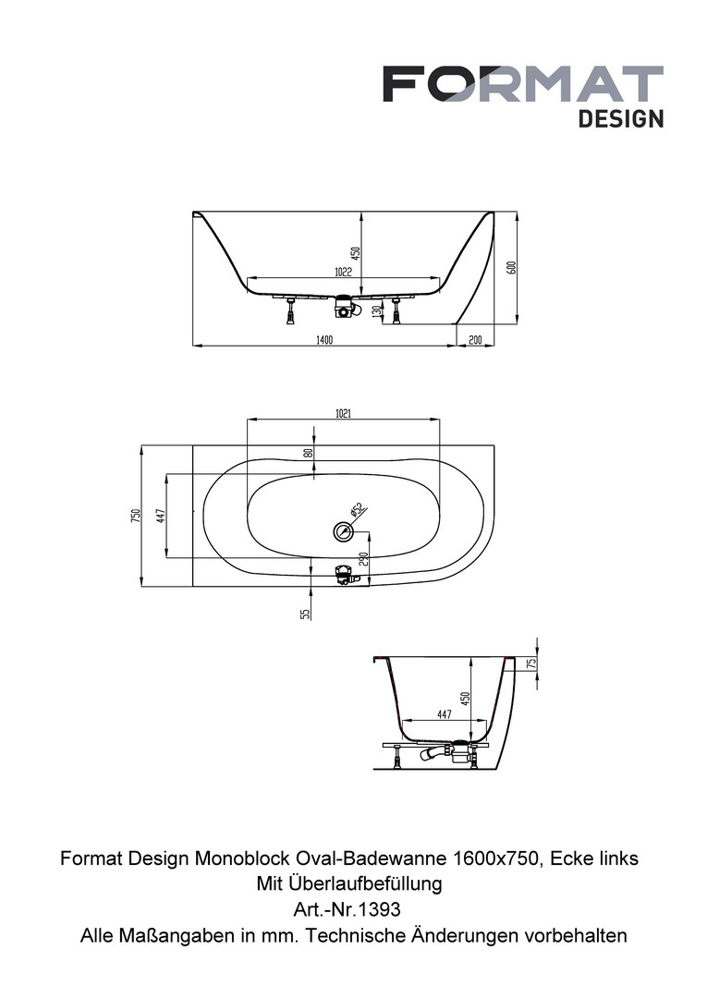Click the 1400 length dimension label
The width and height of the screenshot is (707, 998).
click(324, 339)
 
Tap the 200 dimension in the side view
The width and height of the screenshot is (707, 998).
click(475, 339)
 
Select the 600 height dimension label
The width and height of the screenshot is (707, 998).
click(510, 267)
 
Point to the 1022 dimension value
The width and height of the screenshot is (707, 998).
click(343, 272)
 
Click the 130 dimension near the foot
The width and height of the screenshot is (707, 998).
click(376, 311)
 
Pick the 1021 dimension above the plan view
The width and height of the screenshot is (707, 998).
click(343, 413)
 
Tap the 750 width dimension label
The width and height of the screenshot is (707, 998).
click(135, 516)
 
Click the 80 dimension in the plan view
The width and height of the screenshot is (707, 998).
click(308, 453)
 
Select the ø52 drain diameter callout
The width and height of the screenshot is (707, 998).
click(355, 510)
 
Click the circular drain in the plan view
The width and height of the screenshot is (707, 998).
click(343, 530)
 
